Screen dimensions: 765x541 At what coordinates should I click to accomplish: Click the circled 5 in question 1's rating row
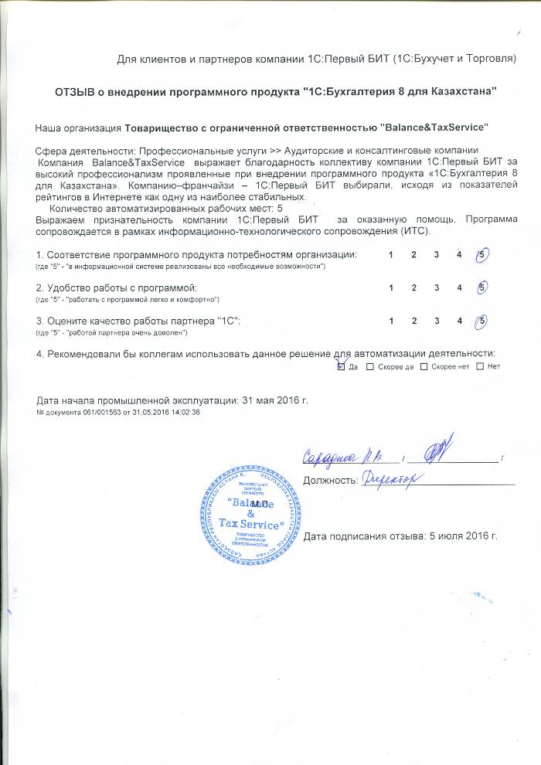[x=482, y=255]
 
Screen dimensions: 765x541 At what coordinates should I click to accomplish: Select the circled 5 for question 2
[x=482, y=287]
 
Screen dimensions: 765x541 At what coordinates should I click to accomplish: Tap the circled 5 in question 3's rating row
[x=482, y=320]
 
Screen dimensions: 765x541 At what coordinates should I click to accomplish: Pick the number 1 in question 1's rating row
[x=391, y=255]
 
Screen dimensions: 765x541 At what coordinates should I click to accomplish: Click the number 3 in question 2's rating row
[x=437, y=287]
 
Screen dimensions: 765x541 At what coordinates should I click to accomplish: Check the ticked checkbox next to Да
[x=342, y=366]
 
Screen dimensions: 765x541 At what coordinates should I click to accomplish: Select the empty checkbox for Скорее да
[x=370, y=366]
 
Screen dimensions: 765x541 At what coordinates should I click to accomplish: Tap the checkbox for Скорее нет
[x=423, y=366]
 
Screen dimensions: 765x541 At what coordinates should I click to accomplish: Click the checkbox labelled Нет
[x=481, y=366]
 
